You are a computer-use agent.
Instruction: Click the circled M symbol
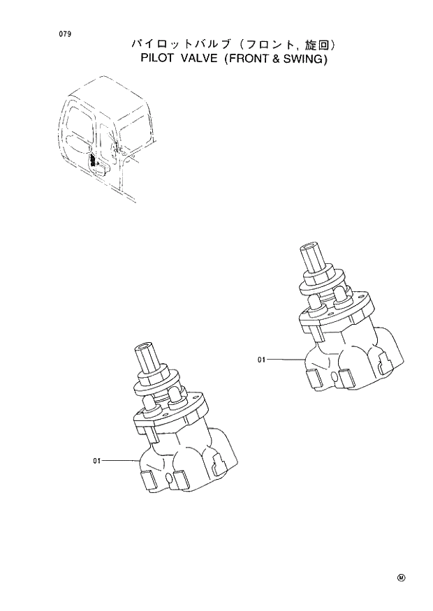click(402, 577)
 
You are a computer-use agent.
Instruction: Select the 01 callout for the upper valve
click(262, 360)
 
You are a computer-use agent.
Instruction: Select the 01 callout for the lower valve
click(97, 460)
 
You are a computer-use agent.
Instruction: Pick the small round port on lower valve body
click(171, 478)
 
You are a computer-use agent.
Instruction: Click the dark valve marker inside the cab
click(94, 162)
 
